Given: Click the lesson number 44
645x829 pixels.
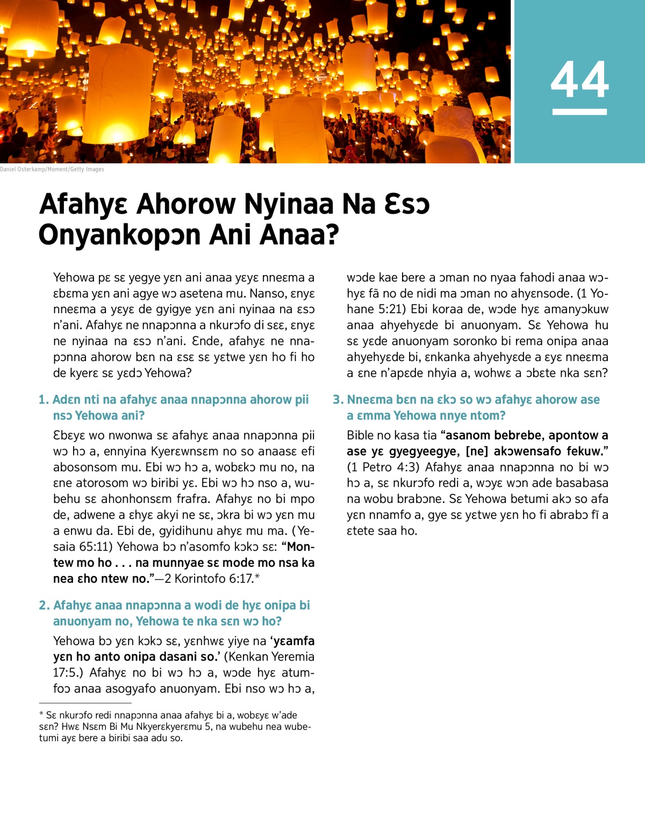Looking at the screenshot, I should [x=579, y=80].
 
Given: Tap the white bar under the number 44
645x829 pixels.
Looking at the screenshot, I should [x=579, y=112].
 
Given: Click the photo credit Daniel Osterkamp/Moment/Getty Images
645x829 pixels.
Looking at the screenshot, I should [x=52, y=169].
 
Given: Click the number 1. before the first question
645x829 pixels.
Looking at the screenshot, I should [x=44, y=400].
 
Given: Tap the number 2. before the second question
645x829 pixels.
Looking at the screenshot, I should [x=44, y=605].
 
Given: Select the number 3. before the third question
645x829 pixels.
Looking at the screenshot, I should [x=338, y=400].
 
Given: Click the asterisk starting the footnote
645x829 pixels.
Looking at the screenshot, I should [x=41, y=715].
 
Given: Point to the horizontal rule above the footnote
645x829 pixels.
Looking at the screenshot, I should [x=85, y=703].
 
